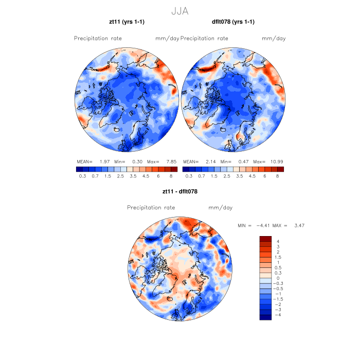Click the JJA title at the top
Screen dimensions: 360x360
[x=180, y=10]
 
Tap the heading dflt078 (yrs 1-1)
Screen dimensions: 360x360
[x=233, y=22]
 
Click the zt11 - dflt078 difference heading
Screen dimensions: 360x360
[x=180, y=191]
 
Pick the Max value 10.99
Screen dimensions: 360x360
[x=277, y=161]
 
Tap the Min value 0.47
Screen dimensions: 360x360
[x=242, y=161]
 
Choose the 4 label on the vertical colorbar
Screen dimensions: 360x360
[x=278, y=241]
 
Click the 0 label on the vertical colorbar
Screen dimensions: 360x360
[x=278, y=278]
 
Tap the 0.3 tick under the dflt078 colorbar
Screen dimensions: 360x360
[x=188, y=176]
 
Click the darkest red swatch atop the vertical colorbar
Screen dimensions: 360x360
[x=265, y=239]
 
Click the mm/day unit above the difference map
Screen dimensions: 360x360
[x=221, y=208]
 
